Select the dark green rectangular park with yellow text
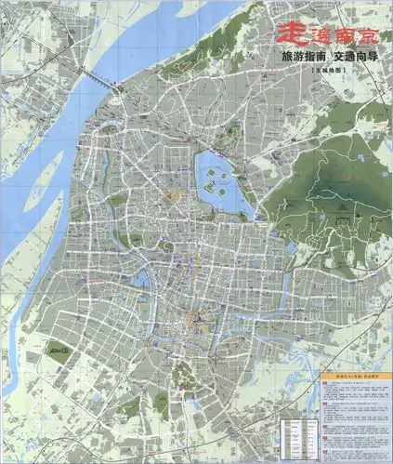pos(61,354)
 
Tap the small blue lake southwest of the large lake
pos(143,275)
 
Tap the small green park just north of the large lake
pos(226,139)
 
